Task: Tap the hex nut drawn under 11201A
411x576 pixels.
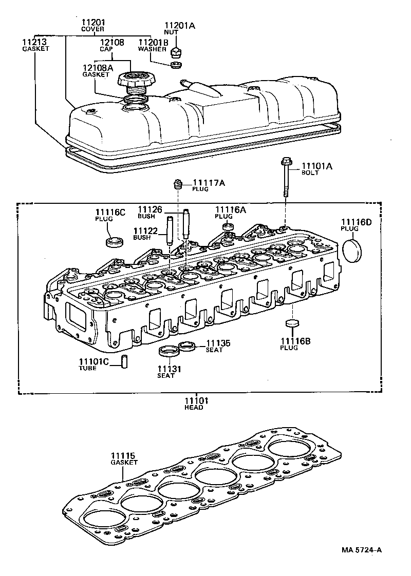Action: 176,51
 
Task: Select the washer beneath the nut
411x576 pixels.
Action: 175,65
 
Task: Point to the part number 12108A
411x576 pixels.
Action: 96,67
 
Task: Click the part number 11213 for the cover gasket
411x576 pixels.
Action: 34,42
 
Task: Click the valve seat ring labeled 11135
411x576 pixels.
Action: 187,347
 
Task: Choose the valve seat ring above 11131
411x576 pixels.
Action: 167,352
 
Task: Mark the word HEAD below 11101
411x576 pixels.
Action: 194,407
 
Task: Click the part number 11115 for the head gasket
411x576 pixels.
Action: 124,455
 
